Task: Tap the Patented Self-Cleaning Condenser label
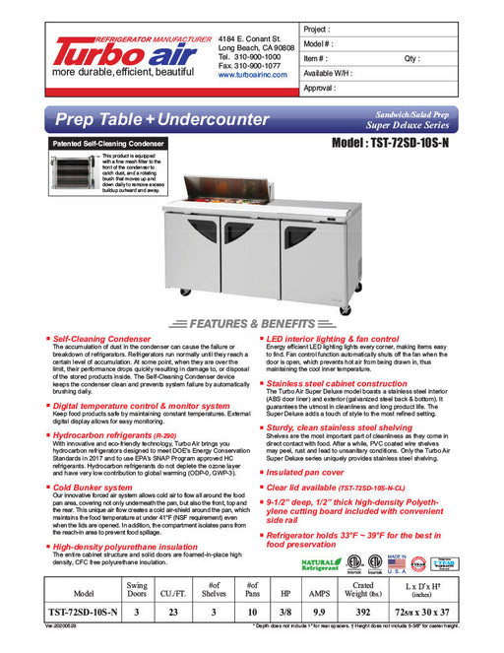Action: click(x=107, y=144)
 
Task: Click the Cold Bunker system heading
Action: click(x=93, y=486)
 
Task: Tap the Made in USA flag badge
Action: click(x=397, y=562)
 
